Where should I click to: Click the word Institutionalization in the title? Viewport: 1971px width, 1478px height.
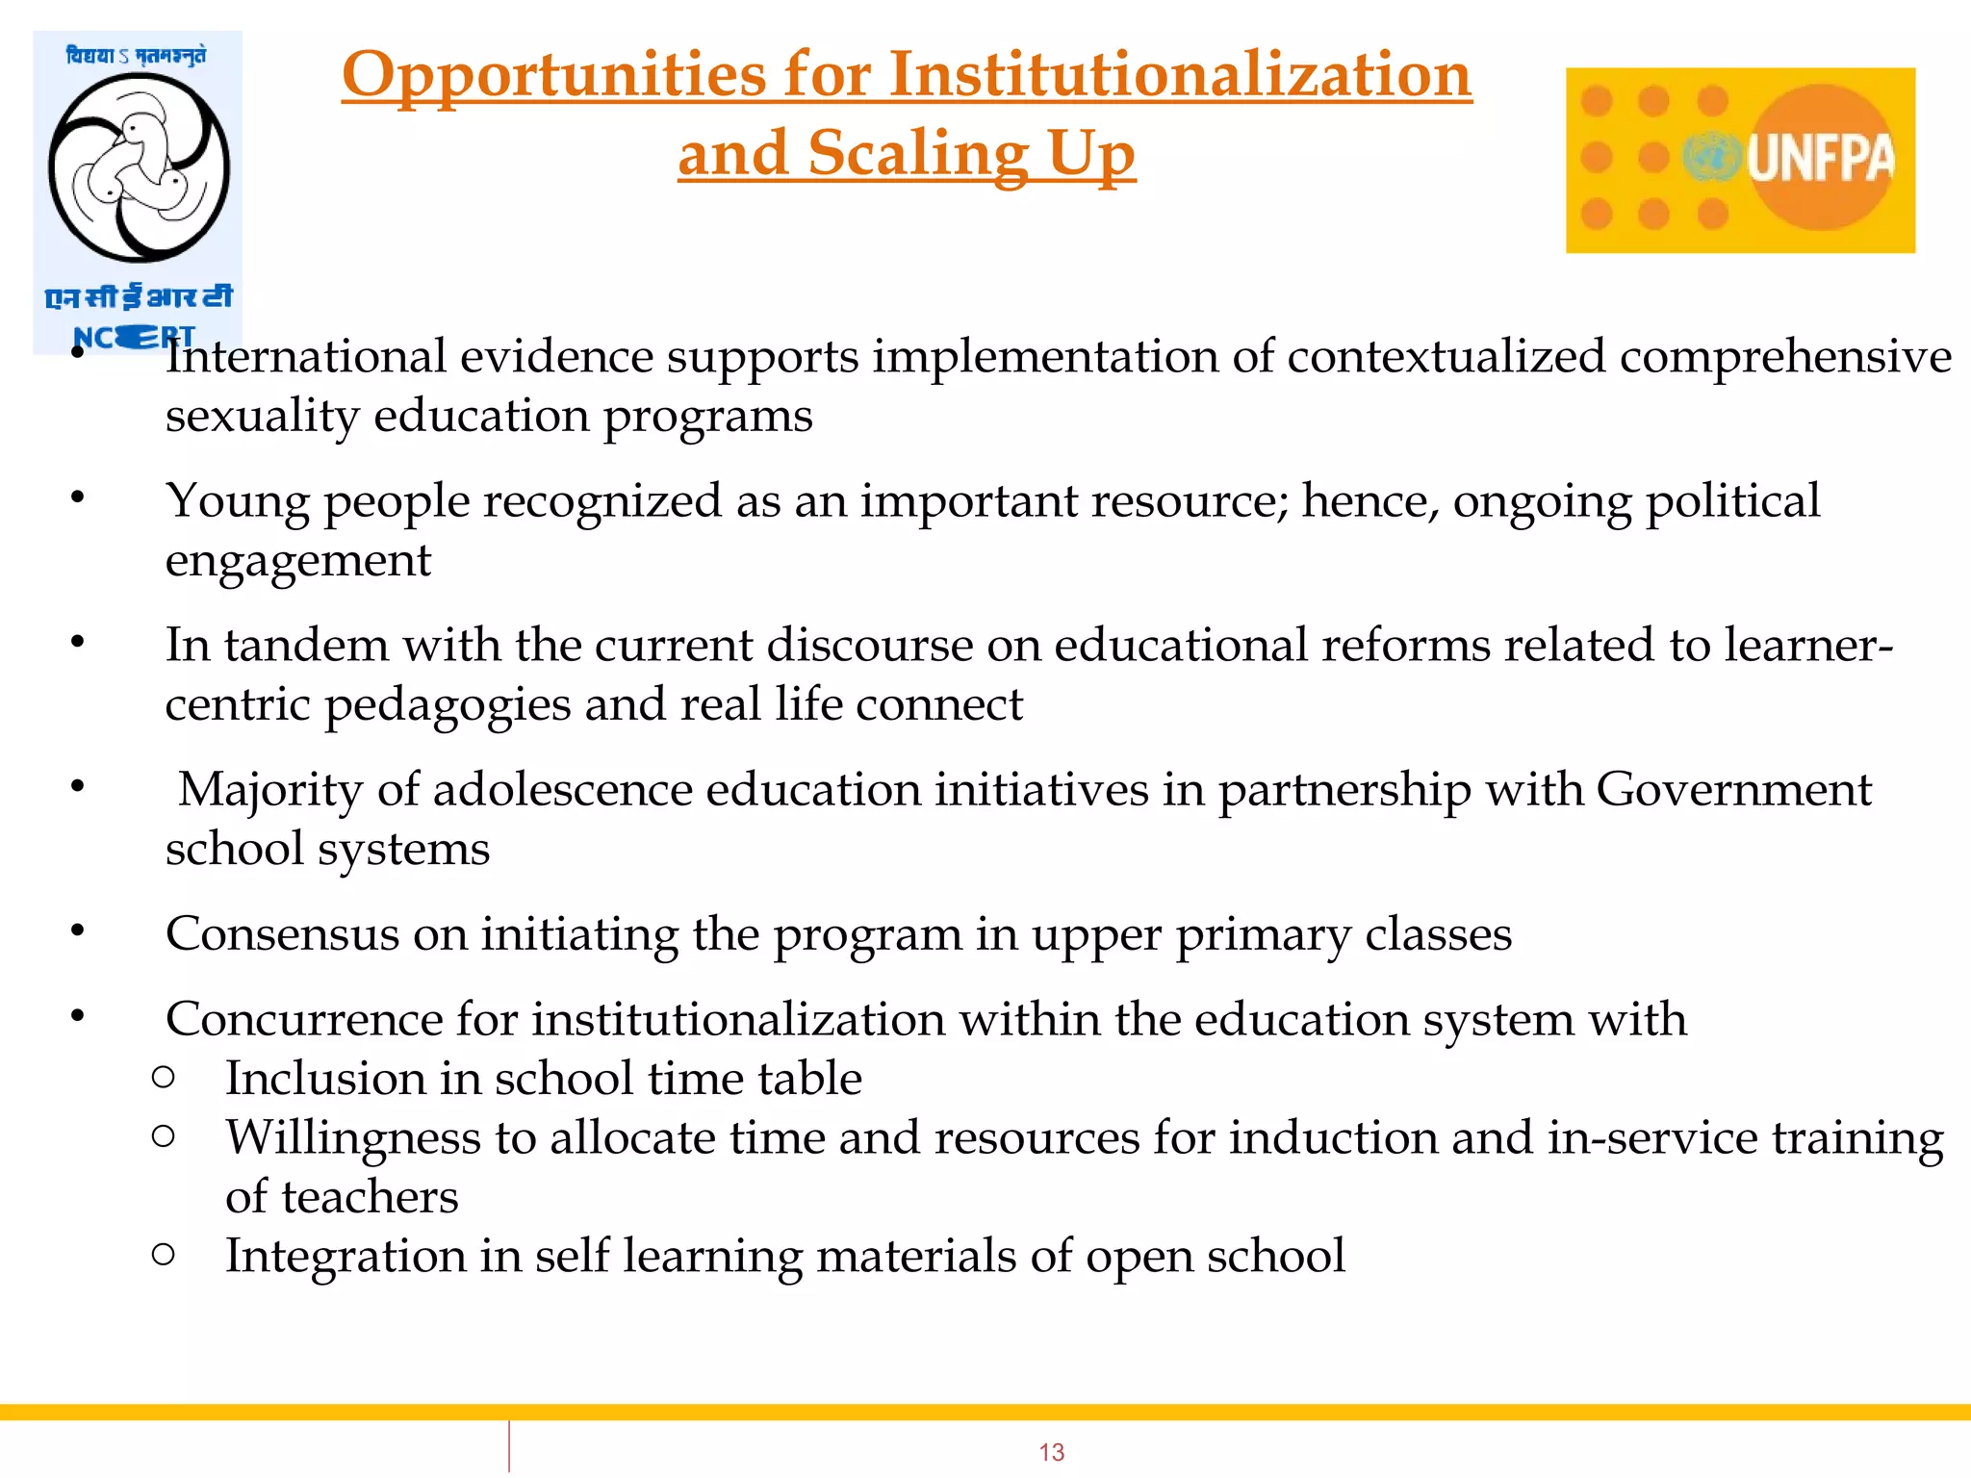[x=1180, y=75]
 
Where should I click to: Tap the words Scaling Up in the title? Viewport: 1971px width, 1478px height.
[x=971, y=154]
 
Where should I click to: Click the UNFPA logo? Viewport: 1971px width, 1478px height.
[x=1740, y=160]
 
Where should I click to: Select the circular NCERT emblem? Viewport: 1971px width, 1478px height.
[x=139, y=167]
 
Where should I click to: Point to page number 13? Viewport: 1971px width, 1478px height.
[x=1051, y=1452]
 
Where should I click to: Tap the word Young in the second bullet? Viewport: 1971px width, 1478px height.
[x=237, y=502]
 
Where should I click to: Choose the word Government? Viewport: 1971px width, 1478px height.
[x=1733, y=790]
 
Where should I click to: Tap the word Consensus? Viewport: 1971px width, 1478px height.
[x=282, y=934]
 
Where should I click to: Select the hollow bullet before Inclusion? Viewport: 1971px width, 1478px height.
[x=164, y=1078]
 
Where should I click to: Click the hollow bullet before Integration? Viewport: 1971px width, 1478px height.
[x=164, y=1255]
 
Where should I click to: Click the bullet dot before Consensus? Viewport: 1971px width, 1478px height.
[x=78, y=931]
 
